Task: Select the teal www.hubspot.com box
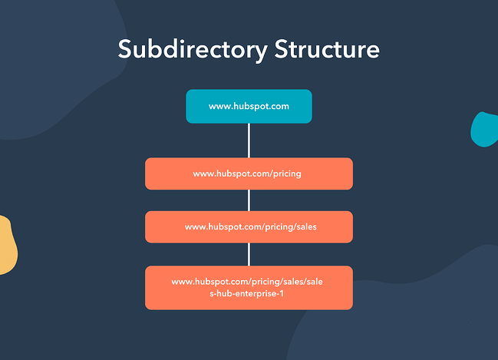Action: [249, 106]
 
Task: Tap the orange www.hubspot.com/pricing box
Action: [249, 173]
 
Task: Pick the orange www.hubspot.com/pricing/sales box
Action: [249, 226]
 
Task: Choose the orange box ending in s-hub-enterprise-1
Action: [249, 288]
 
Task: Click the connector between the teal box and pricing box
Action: [249, 140]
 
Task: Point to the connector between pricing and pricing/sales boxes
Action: [249, 200]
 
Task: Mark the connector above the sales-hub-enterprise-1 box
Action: [249, 254]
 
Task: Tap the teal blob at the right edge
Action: [486, 129]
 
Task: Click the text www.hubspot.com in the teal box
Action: [249, 106]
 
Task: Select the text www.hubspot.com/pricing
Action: [247, 173]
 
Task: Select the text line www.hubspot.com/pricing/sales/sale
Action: [249, 282]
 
